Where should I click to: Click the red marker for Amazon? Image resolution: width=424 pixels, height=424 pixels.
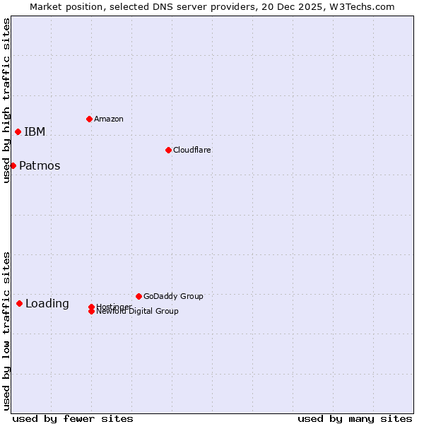pyautogui.click(x=89, y=119)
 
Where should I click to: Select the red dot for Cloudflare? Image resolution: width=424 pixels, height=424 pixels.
pyautogui.click(x=168, y=150)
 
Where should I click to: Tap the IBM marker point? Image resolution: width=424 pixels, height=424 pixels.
pyautogui.click(x=18, y=131)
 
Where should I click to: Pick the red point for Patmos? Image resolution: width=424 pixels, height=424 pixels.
pyautogui.click(x=13, y=165)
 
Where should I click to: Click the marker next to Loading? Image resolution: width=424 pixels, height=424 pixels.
pyautogui.click(x=19, y=303)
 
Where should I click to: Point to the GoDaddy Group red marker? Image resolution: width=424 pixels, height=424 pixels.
pyautogui.click(x=139, y=296)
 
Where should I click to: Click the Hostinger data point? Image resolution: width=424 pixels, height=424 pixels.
pyautogui.click(x=91, y=307)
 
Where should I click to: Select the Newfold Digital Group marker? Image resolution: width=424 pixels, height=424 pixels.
pyautogui.click(x=91, y=311)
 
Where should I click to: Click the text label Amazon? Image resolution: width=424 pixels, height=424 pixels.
pyautogui.click(x=108, y=119)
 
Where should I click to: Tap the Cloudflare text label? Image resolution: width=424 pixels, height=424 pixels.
pyautogui.click(x=192, y=150)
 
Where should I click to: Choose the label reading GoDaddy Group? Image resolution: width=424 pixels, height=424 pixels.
pyautogui.click(x=173, y=296)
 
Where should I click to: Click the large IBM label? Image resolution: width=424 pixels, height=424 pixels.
pyautogui.click(x=35, y=131)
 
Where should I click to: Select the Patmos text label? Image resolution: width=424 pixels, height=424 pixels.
pyautogui.click(x=40, y=166)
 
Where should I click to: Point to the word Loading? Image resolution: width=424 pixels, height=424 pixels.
pyautogui.click(x=47, y=304)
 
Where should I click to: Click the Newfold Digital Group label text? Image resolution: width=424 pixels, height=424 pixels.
pyautogui.click(x=137, y=312)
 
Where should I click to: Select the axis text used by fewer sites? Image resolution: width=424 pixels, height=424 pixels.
pyautogui.click(x=73, y=418)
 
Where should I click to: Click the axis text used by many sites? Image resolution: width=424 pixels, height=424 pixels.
pyautogui.click(x=355, y=418)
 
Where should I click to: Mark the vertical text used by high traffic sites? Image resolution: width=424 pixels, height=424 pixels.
pyautogui.click(x=6, y=100)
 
